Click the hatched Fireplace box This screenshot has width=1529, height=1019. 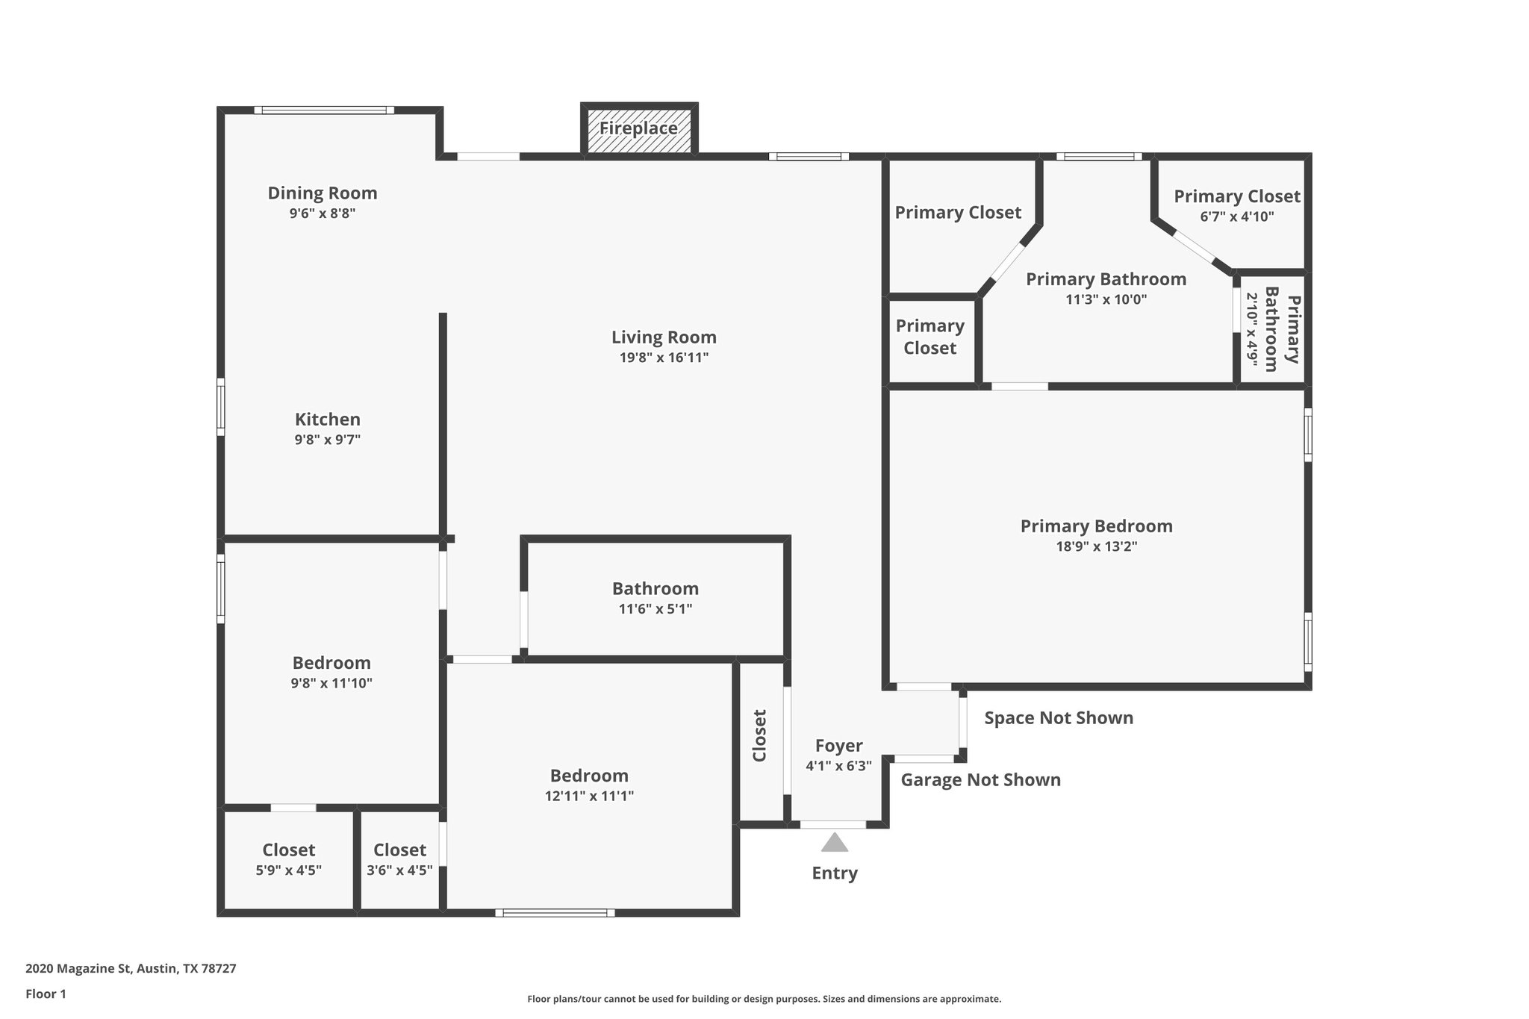639,129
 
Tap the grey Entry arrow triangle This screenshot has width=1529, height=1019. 835,843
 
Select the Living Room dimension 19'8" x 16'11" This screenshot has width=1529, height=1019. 664,358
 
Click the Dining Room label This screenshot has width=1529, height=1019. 323,193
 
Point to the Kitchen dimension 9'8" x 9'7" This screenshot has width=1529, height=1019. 327,440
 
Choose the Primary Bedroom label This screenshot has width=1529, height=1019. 1096,526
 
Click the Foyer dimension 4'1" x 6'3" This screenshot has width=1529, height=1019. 838,766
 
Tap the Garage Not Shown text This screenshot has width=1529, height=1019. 980,780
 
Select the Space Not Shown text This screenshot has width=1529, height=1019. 1059,718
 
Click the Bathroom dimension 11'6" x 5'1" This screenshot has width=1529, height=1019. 655,609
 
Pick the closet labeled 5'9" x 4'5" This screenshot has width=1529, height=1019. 288,870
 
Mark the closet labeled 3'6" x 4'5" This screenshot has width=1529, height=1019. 399,870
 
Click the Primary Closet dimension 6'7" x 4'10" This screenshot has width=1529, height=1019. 1236,217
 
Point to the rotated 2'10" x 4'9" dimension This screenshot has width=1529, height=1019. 1252,329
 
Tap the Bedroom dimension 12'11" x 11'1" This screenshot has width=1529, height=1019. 589,796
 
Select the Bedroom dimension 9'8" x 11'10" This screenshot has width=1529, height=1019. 331,683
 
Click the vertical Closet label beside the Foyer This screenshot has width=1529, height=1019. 760,735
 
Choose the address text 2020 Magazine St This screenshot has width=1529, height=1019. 131,969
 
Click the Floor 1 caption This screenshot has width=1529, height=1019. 46,994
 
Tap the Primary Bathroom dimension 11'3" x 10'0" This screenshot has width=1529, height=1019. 1106,300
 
